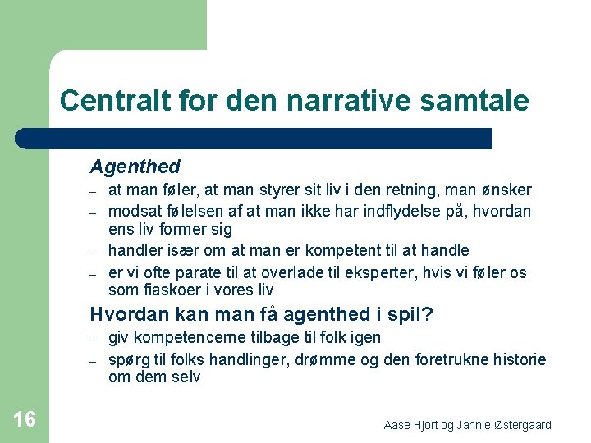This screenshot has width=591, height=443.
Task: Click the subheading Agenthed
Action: pyautogui.click(x=135, y=167)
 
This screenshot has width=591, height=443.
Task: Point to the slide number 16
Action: pyautogui.click(x=25, y=420)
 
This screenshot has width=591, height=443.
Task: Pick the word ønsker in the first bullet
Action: pyautogui.click(x=508, y=190)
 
